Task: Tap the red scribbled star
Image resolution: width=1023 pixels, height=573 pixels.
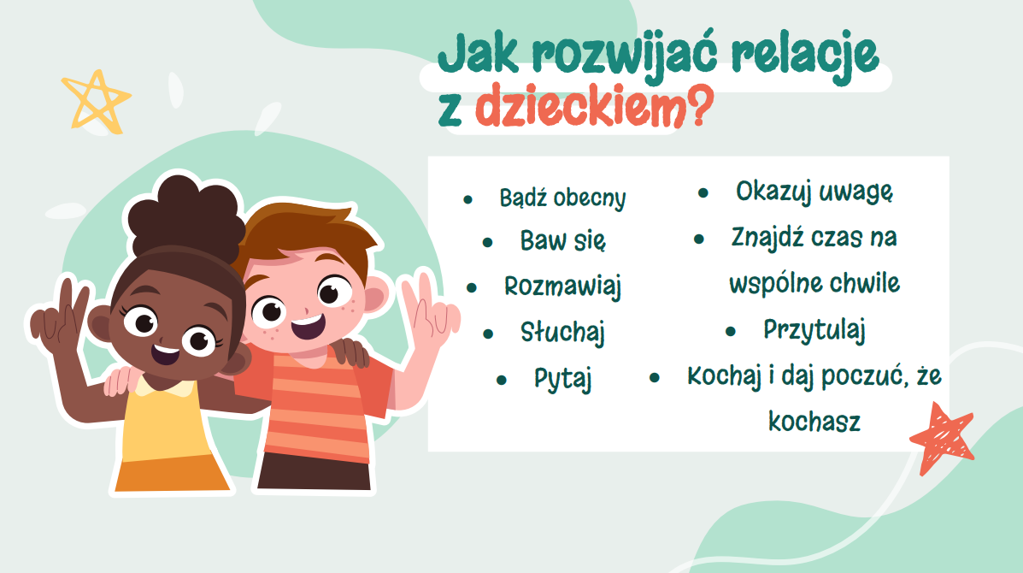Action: coord(942,437)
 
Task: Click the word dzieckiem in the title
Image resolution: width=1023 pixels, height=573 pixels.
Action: coord(580,106)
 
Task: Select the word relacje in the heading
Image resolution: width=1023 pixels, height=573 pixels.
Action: coord(804,56)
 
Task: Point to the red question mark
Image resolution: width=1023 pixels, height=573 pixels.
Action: coord(700,105)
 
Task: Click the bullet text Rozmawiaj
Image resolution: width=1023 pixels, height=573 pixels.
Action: coord(562,286)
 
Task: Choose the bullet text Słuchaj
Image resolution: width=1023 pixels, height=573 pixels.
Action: coord(562,332)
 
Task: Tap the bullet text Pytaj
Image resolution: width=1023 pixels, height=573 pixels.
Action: coord(562,379)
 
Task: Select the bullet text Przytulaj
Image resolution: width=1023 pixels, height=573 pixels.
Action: coord(814,329)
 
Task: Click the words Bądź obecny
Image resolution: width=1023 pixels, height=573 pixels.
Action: coord(562,198)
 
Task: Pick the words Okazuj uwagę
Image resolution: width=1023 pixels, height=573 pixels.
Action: coord(814,192)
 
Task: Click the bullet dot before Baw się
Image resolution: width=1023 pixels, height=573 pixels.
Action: coord(487,243)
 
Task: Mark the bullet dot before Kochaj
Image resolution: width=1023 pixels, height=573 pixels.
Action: coord(655,377)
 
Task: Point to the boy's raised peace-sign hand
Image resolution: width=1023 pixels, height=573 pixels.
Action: coord(427,312)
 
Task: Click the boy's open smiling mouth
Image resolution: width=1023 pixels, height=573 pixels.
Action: coord(308,327)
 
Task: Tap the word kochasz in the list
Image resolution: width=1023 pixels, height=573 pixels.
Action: coord(814,422)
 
